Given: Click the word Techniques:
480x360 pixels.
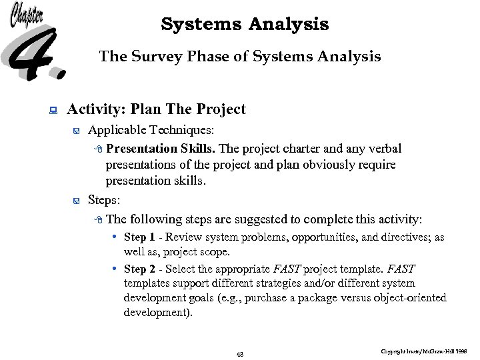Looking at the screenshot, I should click(178, 131).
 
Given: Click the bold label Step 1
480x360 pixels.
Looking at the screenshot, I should click(139, 237).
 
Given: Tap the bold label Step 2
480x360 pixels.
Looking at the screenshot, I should click(139, 269).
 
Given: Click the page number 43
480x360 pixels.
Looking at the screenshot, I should click(240, 354).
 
